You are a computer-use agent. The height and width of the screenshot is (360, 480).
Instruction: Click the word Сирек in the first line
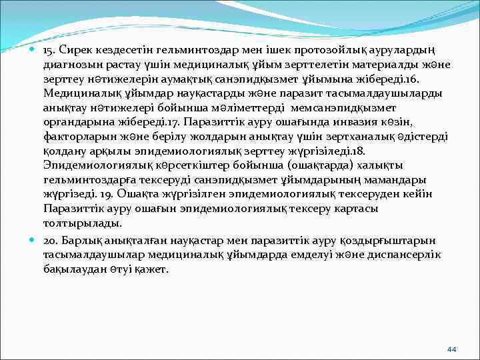coord(79,51)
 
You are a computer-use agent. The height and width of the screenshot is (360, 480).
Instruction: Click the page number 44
coord(451,349)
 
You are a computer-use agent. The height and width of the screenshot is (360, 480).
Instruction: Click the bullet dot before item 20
coord(33,239)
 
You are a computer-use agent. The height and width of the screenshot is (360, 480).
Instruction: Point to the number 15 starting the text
coord(49,51)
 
